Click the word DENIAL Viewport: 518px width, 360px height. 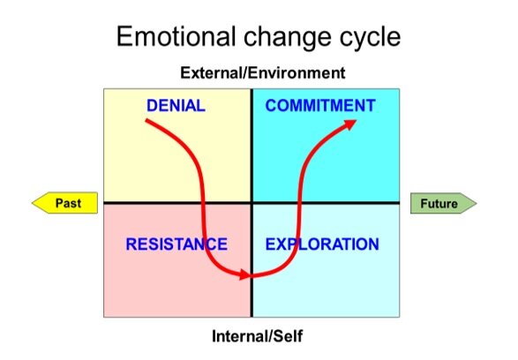[176, 106]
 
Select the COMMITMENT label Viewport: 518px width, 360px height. [320, 106]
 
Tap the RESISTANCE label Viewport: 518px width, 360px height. [176, 244]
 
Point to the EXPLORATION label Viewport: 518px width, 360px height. [322, 244]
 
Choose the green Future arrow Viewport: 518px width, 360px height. [442, 204]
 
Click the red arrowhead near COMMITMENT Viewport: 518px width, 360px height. [350, 124]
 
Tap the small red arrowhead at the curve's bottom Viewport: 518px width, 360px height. [245, 275]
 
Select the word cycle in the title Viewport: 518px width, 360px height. [366, 38]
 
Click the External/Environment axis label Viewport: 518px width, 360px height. [262, 73]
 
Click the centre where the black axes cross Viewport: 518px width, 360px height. [252, 203]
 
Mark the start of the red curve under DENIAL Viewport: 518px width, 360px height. [147, 121]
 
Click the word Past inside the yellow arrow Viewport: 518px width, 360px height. [69, 203]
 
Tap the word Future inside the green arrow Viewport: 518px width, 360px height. [439, 204]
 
